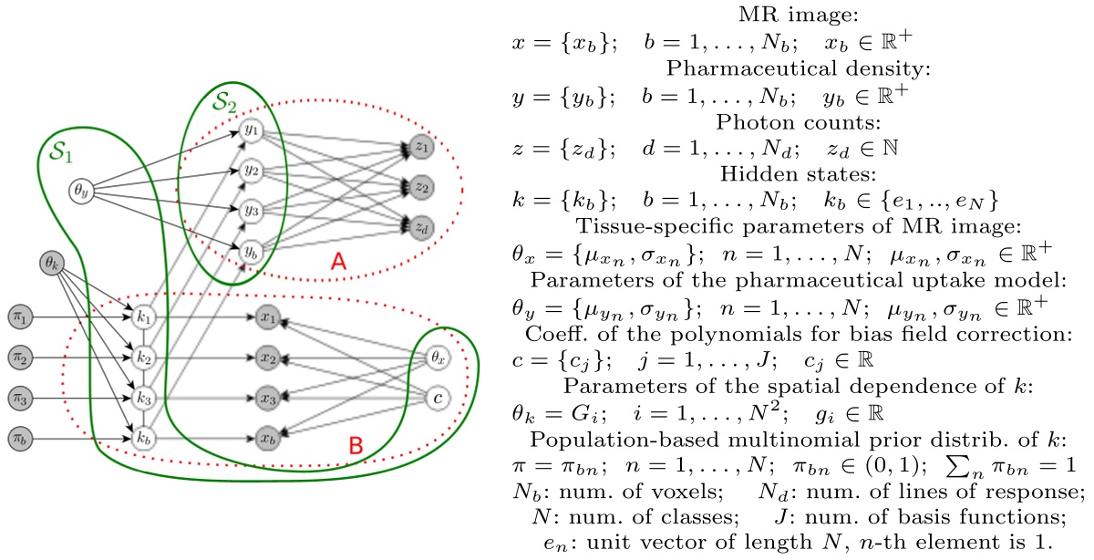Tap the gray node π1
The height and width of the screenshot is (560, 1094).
coord(18,317)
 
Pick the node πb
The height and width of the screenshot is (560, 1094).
coord(18,437)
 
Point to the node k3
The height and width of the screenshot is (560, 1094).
coord(141,398)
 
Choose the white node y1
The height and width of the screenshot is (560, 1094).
coord(250,131)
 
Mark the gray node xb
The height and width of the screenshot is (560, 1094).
coord(266,437)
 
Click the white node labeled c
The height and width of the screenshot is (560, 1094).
coord(440,398)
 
